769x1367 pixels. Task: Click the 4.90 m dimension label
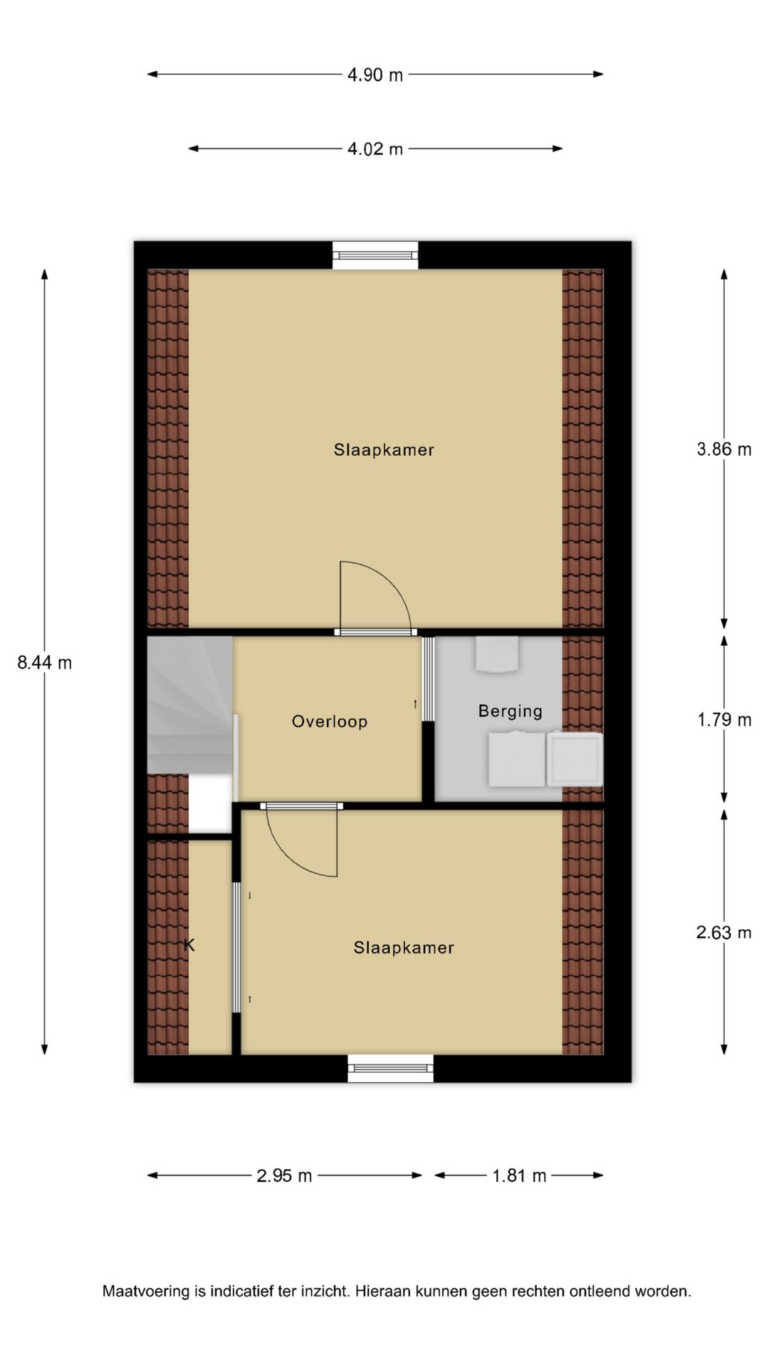point(375,75)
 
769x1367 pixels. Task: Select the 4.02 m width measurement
point(375,149)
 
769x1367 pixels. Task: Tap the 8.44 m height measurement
point(45,663)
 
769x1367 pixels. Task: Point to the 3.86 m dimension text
point(724,449)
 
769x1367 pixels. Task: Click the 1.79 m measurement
point(724,720)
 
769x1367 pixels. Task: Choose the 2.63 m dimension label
point(724,933)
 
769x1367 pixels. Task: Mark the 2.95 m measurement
point(284,1175)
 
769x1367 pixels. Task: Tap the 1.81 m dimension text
point(519,1175)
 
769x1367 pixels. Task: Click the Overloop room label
point(330,721)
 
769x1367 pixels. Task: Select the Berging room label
point(510,711)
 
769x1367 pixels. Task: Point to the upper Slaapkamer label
point(384,450)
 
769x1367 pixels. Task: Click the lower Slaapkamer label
point(404,948)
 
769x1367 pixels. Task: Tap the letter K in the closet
point(189,945)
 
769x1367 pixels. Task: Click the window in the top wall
point(375,256)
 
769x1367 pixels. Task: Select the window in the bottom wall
point(390,1068)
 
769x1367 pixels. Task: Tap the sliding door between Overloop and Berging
point(428,679)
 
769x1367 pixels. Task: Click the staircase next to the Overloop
point(190,705)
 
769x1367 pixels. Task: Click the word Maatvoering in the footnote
point(146,1291)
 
